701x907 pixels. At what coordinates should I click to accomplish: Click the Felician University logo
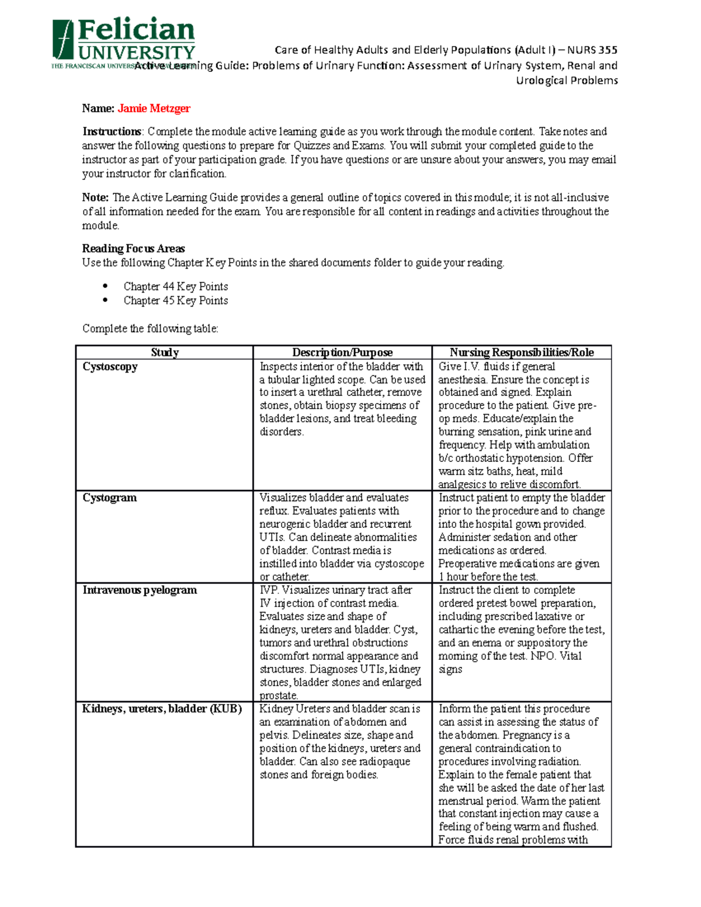coord(123,43)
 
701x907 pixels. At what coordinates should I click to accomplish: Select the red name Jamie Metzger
coord(154,108)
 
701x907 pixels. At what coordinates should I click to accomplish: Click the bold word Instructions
coord(112,131)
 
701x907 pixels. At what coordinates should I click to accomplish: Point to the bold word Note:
coord(95,197)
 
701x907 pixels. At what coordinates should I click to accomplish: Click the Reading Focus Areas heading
coord(133,248)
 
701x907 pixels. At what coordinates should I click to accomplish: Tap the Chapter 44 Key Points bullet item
coord(175,286)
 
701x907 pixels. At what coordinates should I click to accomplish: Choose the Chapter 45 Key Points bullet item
coord(175,300)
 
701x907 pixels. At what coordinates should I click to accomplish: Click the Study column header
coord(164,352)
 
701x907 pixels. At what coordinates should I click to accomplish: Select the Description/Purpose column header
coord(342,352)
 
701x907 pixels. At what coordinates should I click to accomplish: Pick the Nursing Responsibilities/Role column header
coord(522,352)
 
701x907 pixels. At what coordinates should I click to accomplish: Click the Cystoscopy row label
coord(110,367)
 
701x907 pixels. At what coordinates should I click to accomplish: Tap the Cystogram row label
coord(109,498)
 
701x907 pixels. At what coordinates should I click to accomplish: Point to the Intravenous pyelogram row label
coord(140,590)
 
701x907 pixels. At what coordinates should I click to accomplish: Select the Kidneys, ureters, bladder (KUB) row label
coord(162,708)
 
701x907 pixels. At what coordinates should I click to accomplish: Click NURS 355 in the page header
coord(592,50)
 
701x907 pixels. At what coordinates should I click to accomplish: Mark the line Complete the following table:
coord(150,328)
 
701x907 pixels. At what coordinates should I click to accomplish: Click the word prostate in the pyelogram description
coord(278,696)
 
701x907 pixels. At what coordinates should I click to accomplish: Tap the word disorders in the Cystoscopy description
coord(281,432)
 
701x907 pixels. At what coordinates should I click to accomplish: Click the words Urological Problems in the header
coord(567,81)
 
